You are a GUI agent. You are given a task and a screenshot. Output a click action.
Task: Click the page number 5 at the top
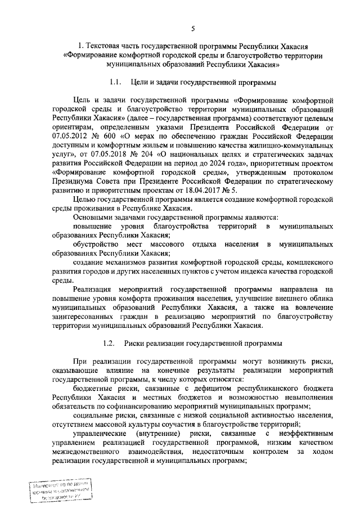[193, 29]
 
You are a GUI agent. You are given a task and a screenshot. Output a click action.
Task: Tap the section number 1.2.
[110, 343]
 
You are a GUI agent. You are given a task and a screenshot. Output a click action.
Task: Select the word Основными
[93, 217]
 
